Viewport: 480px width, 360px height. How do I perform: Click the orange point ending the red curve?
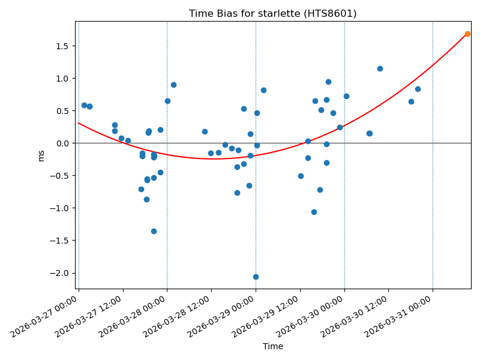[x=467, y=34]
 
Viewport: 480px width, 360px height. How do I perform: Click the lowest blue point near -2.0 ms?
[x=256, y=277]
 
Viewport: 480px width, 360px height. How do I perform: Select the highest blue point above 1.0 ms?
[x=380, y=68]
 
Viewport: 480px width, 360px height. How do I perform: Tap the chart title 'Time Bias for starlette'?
[x=272, y=13]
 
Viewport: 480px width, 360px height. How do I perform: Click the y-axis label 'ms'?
[x=41, y=155]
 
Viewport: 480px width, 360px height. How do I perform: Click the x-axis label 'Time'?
[x=272, y=346]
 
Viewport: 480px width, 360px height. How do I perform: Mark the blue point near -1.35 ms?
[x=154, y=231]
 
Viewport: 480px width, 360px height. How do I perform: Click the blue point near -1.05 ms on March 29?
[x=314, y=212]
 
